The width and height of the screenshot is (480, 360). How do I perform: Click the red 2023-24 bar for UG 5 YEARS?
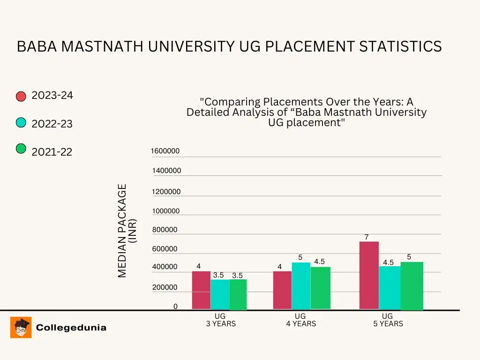pos(369,276)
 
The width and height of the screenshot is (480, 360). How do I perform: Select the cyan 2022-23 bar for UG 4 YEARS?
pos(301,286)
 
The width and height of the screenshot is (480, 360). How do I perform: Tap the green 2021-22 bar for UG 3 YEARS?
pos(238,294)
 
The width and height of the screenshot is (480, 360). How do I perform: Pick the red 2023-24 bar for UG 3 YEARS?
pos(201,290)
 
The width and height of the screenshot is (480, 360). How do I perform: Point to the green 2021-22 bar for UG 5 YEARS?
pos(412,286)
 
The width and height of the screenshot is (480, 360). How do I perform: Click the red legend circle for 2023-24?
pos(21,97)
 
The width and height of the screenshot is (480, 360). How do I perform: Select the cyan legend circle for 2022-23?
pos(21,123)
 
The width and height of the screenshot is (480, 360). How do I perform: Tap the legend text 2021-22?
pos(52,152)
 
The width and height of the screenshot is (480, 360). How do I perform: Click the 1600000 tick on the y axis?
pos(165,151)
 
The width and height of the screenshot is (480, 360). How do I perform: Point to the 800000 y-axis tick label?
pos(165,230)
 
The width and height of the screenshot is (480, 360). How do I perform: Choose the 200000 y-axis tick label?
pos(165,287)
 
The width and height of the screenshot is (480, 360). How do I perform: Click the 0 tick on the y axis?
pos(175,307)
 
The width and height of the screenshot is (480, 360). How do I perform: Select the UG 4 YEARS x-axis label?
pos(301,320)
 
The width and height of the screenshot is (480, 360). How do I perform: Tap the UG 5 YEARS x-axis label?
pos(388,320)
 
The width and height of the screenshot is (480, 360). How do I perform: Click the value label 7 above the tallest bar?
pos(367,237)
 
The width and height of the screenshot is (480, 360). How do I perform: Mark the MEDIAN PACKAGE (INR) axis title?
pos(127,231)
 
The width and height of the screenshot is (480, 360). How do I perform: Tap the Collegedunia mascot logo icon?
pos(21,327)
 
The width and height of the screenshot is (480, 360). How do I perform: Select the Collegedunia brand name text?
pos(71,328)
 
